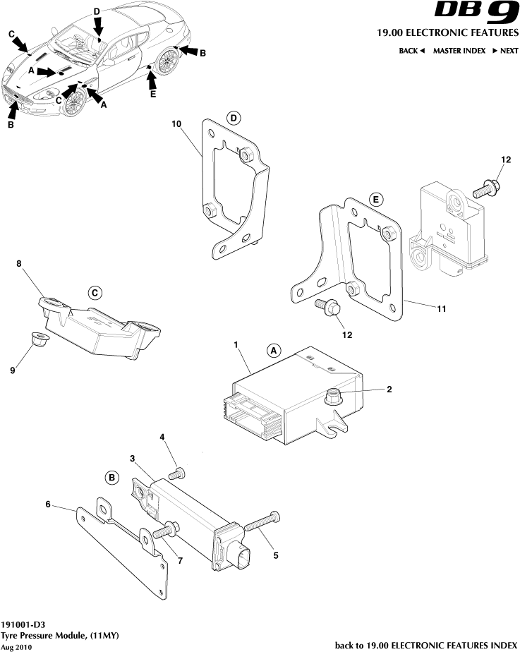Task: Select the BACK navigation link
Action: point(411,51)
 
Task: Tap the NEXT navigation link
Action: point(505,51)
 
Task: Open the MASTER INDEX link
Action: point(459,51)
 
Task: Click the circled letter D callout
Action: point(234,118)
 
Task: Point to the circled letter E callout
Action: point(376,200)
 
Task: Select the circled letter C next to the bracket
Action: point(95,293)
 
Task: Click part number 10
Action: point(176,124)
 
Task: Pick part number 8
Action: point(19,265)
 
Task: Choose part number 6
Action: point(48,504)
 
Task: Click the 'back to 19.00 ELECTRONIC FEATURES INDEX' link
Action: point(425,645)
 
